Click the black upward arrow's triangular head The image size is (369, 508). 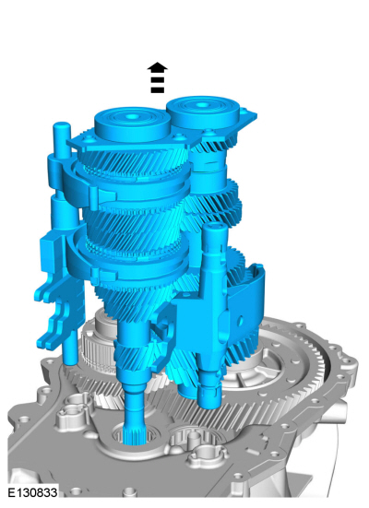[157, 66]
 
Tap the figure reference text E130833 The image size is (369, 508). [32, 492]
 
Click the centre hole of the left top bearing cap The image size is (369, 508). [131, 115]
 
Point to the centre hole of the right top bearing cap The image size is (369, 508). [202, 104]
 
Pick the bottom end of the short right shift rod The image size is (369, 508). [209, 402]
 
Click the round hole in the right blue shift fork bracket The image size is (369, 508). [240, 321]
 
